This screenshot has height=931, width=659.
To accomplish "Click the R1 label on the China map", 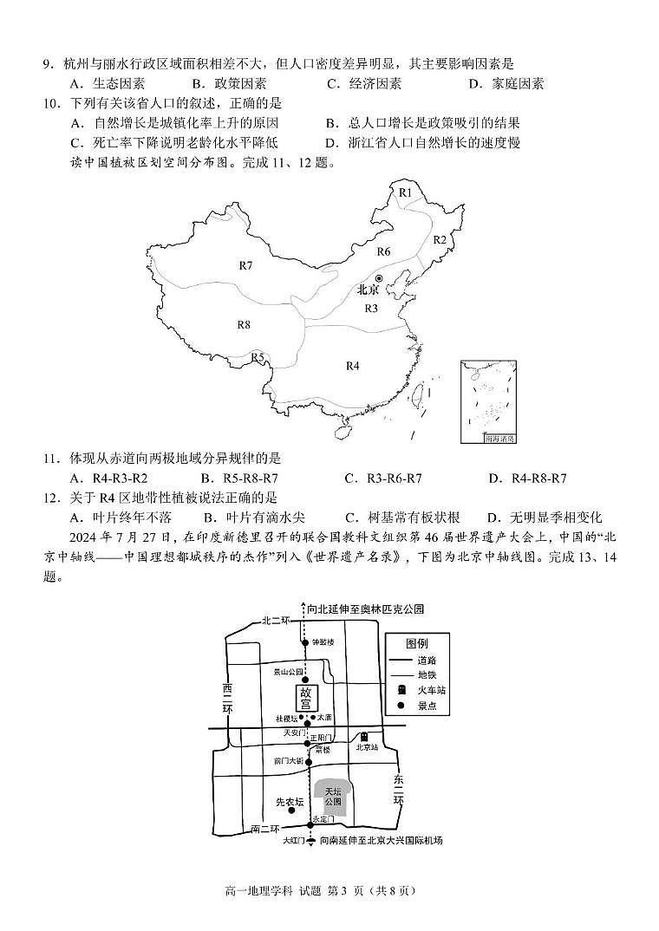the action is click(x=404, y=192).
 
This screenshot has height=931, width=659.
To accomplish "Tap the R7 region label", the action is click(x=245, y=264).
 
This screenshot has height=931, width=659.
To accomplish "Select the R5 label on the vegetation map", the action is click(x=258, y=357).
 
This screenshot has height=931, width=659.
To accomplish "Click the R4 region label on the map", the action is click(x=352, y=366).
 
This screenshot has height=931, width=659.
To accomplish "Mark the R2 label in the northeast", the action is click(x=439, y=239).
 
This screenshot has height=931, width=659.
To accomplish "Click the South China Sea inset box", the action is click(x=489, y=401).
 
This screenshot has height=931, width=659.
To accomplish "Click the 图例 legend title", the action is click(x=416, y=644).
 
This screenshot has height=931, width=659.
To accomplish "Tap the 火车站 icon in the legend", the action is click(x=400, y=690).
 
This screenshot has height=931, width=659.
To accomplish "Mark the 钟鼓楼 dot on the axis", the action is click(x=304, y=642).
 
